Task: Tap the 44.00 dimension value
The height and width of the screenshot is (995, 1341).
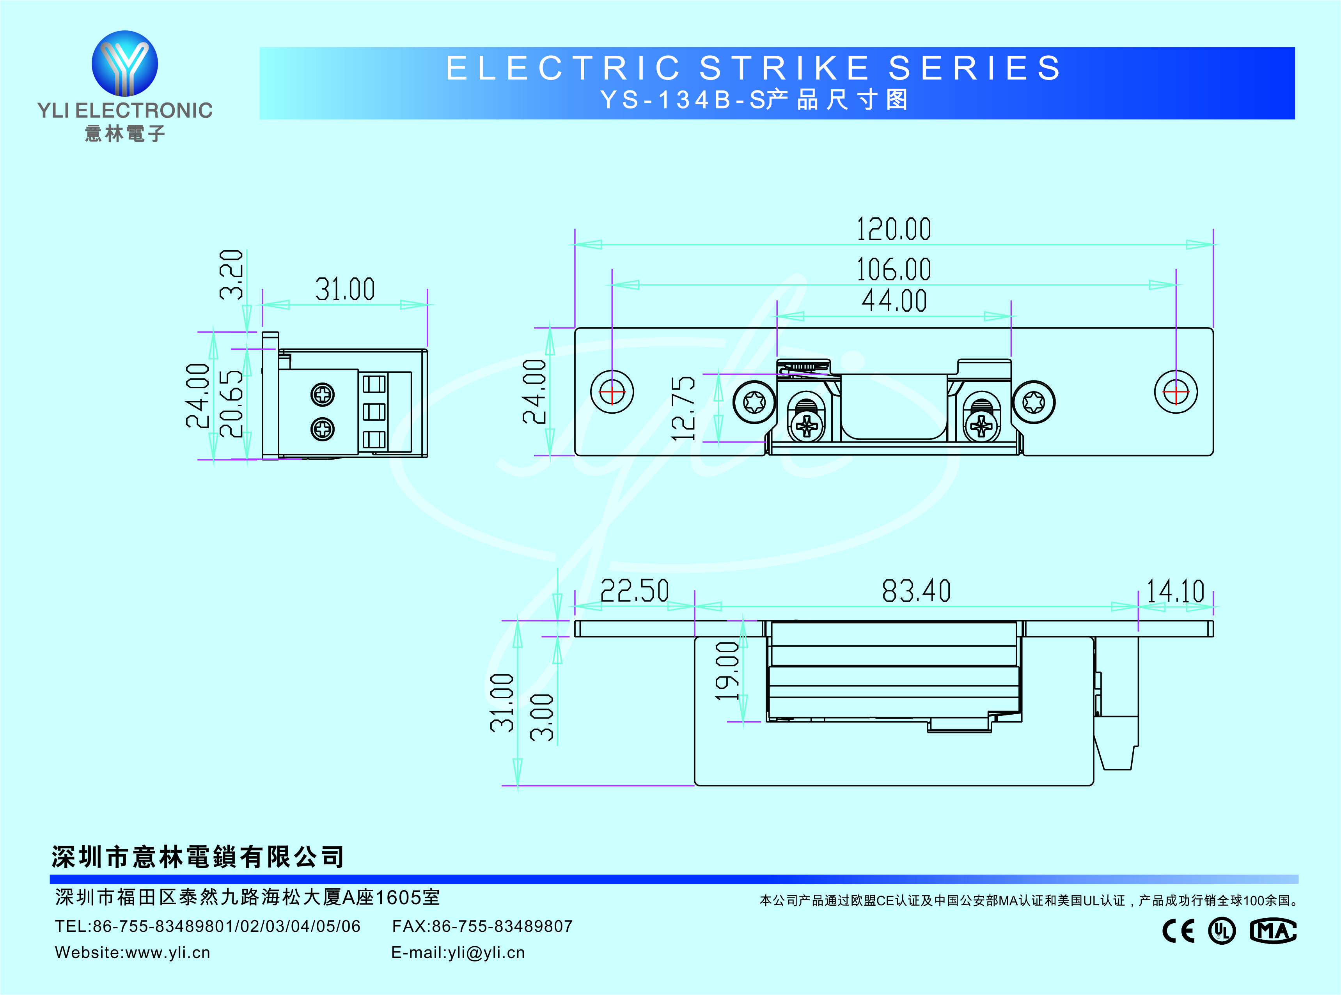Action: pyautogui.click(x=894, y=301)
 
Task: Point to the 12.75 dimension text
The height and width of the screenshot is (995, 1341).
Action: pyautogui.click(x=684, y=408)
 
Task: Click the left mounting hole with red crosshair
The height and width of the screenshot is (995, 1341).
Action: pyautogui.click(x=612, y=392)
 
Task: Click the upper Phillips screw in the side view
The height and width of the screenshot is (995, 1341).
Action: pyautogui.click(x=323, y=395)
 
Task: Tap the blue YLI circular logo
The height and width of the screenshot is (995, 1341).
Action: pyautogui.click(x=125, y=64)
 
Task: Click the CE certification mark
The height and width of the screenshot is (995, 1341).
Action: pyautogui.click(x=1178, y=931)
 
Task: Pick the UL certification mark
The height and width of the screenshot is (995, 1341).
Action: pyautogui.click(x=1222, y=931)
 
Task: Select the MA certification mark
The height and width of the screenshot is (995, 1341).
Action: pyautogui.click(x=1272, y=931)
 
